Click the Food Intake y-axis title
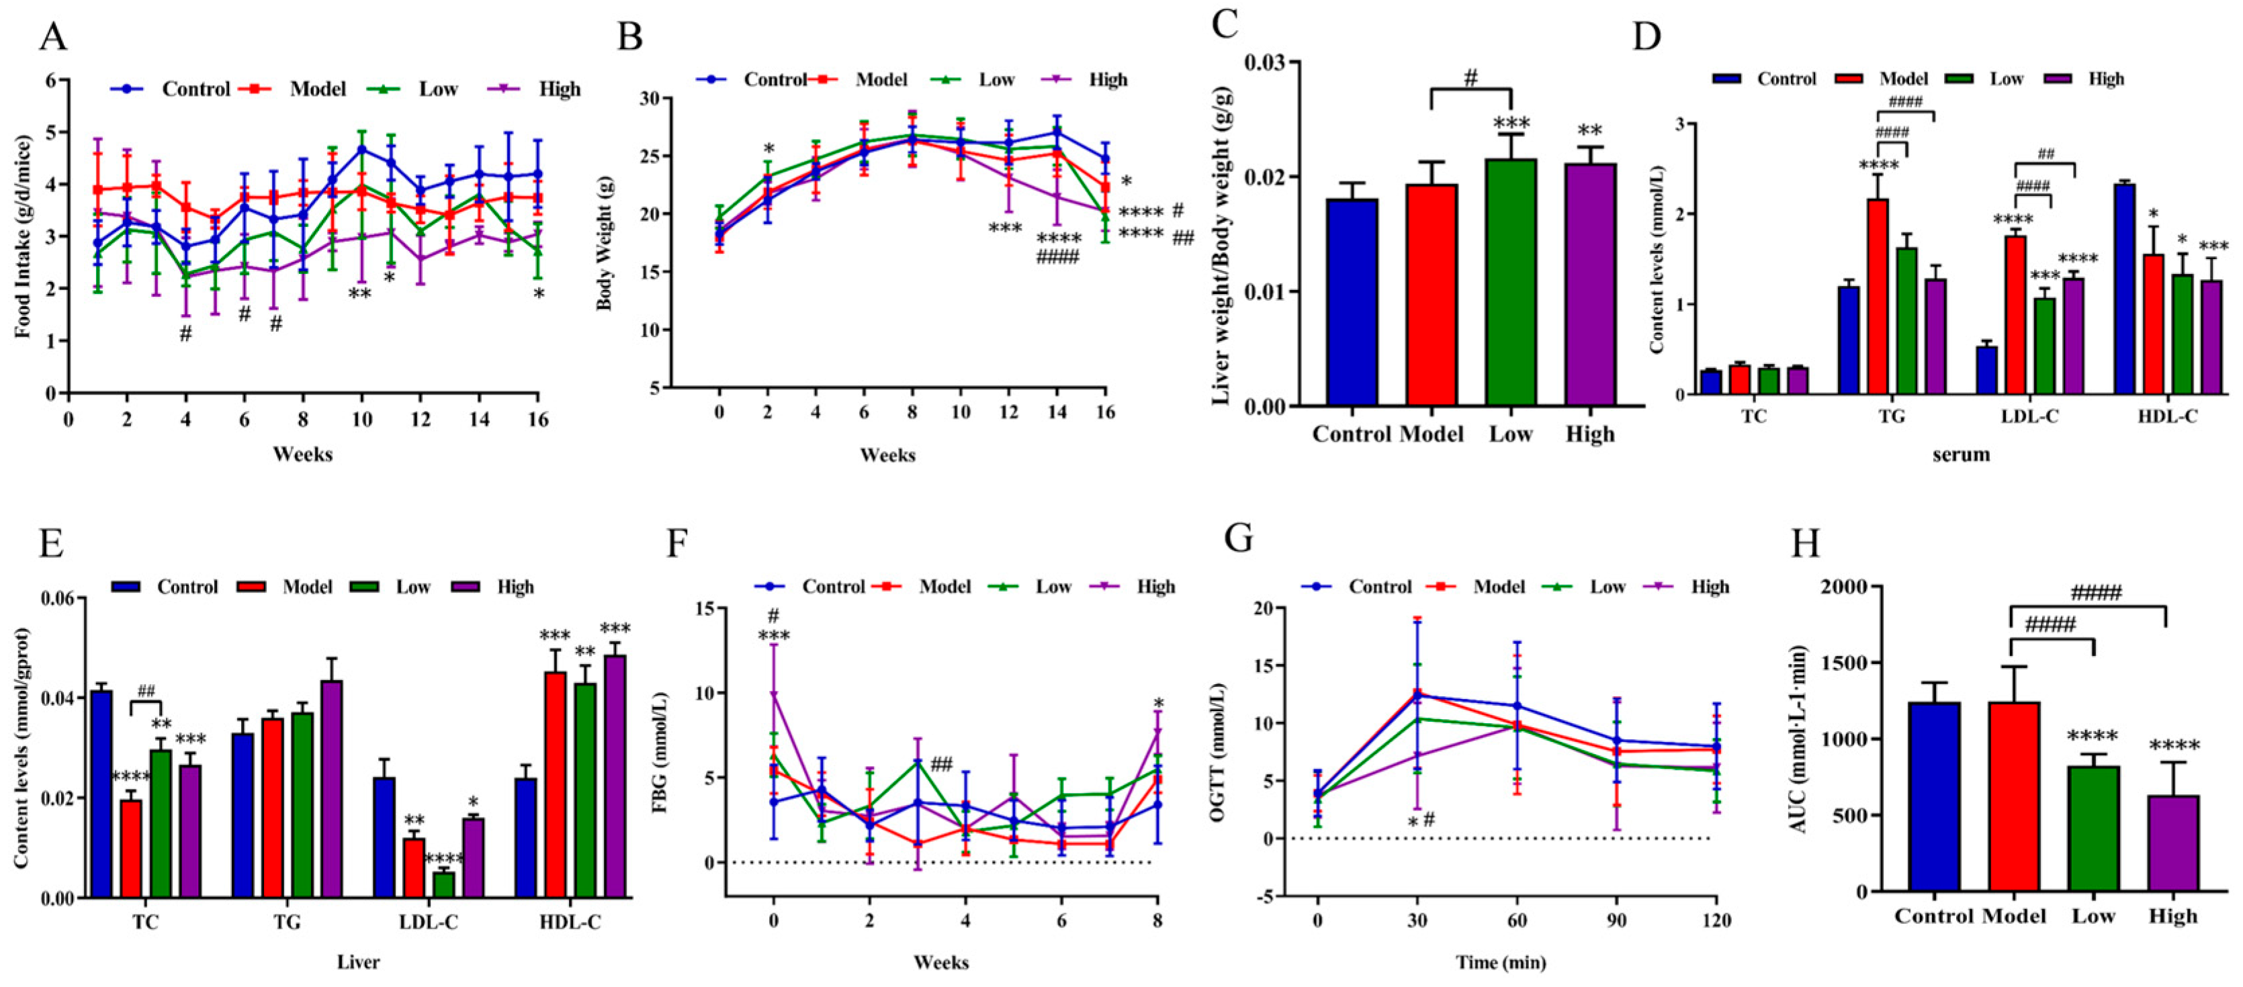[x=24, y=237]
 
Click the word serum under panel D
[x=1961, y=453]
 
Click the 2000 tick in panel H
[x=1844, y=587]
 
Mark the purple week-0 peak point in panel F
[x=773, y=694]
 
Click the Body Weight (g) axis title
[x=603, y=243]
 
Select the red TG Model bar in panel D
[x=1878, y=296]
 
